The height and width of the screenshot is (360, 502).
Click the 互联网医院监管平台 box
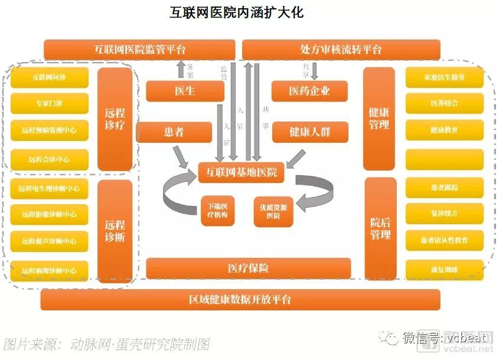[140, 50]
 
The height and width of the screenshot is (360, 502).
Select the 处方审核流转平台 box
[341, 50]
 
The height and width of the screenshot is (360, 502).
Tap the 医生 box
[185, 91]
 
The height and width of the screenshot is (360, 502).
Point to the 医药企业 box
[309, 91]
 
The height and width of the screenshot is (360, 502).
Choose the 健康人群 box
[309, 132]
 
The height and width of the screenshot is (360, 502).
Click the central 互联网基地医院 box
[241, 172]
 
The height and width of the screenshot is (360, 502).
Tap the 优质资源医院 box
[273, 211]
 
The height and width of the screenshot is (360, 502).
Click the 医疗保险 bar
[248, 268]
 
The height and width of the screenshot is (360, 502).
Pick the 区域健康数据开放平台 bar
[240, 299]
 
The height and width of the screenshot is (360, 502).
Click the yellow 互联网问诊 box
[49, 77]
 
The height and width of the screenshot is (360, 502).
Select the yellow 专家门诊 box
[49, 103]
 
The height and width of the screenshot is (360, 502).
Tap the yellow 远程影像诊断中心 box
[49, 214]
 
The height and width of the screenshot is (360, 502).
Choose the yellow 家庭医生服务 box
[444, 77]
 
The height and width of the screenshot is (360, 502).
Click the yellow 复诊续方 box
[444, 214]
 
